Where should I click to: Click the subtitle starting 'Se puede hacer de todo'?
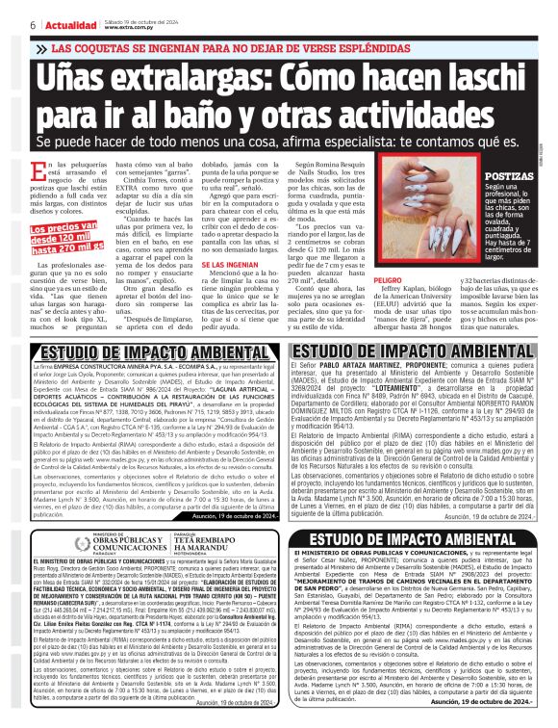(x=269, y=140)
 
